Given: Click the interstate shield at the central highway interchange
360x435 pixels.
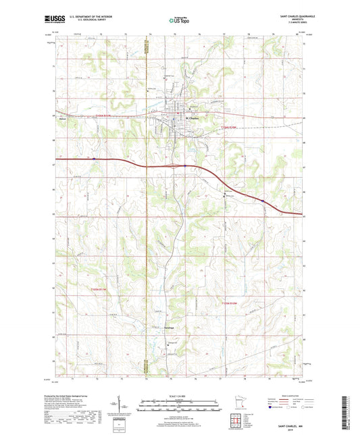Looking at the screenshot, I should click(x=184, y=164).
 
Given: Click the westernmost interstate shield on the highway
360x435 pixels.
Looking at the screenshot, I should click(x=94, y=160).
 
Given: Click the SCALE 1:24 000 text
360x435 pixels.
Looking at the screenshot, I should click(x=179, y=396).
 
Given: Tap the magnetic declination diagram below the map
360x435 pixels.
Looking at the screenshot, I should click(x=122, y=408).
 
